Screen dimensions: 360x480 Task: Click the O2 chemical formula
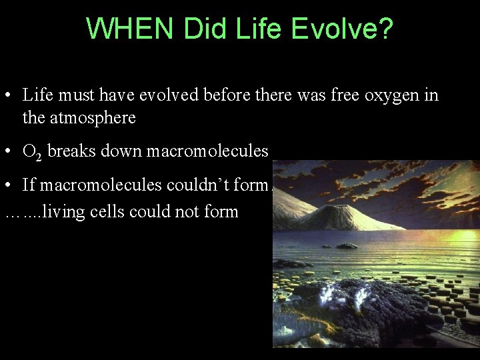point(31,152)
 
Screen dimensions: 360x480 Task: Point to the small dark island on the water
point(346,246)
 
